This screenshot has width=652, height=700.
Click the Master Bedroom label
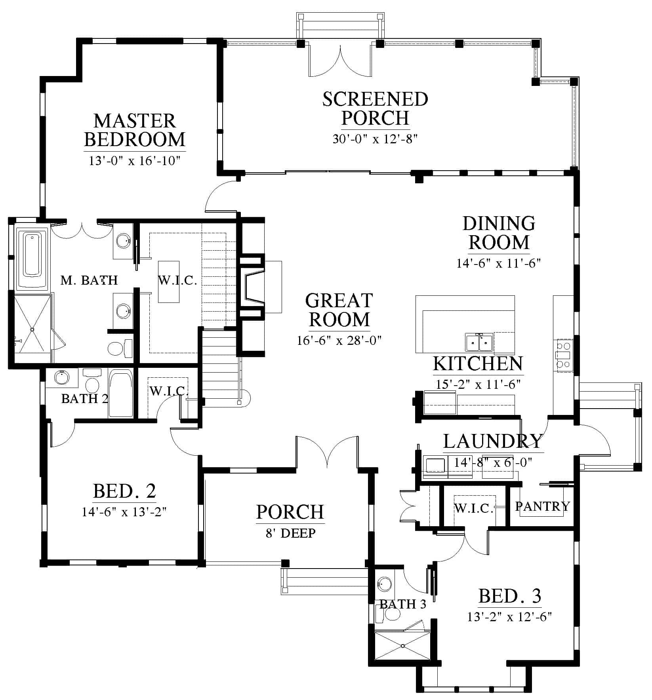pos(135,130)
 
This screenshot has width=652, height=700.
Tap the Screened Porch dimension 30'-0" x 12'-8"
pos(375,139)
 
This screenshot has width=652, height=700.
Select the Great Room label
pos(339,310)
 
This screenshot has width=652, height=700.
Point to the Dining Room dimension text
pos(499,263)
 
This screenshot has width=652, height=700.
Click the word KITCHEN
pos(478,363)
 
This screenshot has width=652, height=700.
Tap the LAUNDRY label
pos(492,441)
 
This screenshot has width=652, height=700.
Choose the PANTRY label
pos(542,506)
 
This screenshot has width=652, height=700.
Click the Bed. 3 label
pos(510,596)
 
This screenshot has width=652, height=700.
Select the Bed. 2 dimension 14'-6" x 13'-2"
pos(124,512)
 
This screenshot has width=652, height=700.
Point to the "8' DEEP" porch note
pos(291,533)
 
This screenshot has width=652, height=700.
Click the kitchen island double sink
pos(479,342)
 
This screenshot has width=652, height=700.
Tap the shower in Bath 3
pos(402,646)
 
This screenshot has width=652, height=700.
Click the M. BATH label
pos(89,280)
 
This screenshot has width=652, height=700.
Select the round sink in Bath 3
pos(385,583)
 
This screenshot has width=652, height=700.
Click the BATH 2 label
pos(85,398)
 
